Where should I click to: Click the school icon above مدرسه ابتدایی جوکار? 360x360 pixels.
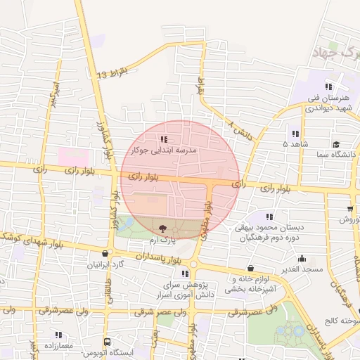click(164, 139)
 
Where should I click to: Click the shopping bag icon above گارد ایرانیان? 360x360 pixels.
click(105, 254)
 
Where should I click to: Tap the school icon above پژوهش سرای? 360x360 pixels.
click(185, 274)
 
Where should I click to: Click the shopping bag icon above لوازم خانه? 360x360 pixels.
click(251, 268)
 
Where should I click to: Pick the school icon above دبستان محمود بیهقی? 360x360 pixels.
click(271, 215)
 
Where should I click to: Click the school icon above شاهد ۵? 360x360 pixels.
click(295, 134)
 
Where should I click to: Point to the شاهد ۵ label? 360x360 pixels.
click(295, 144)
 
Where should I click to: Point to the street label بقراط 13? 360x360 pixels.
click(113, 73)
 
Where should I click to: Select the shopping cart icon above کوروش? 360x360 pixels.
click(349, 209)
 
